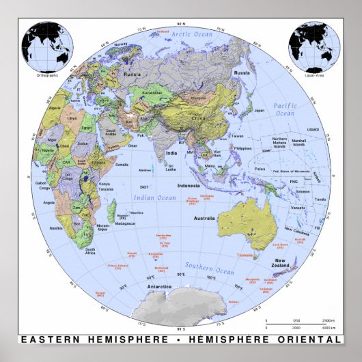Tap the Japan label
coord(259,110)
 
